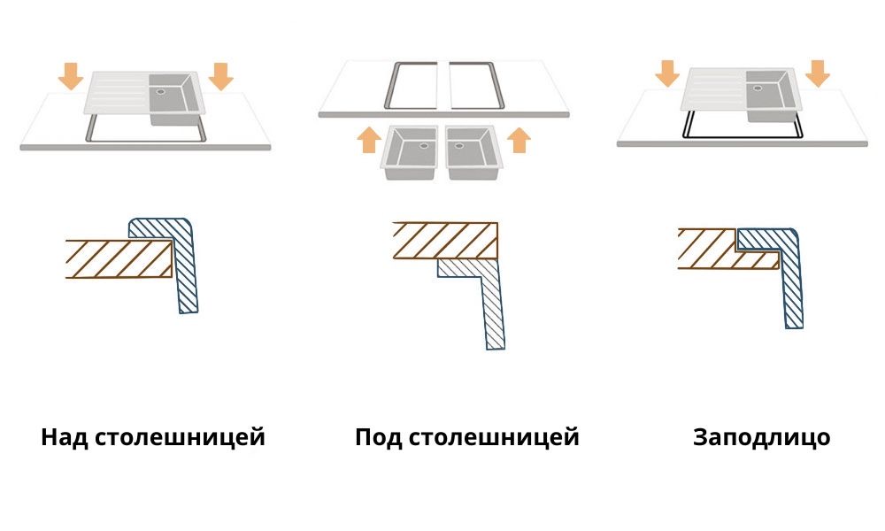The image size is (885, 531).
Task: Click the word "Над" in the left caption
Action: point(64,437)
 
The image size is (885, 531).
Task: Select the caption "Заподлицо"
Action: point(761,438)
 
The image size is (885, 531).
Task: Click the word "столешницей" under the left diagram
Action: point(179,437)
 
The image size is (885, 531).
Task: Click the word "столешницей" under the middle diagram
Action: point(494,437)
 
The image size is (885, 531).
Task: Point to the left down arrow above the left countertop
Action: point(71,76)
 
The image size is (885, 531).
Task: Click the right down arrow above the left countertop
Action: point(220,76)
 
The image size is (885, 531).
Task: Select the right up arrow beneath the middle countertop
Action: point(520,140)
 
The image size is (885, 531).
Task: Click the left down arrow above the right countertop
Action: point(668,73)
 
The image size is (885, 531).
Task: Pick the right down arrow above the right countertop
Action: point(819,73)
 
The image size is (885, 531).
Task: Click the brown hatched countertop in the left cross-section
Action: point(115,258)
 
